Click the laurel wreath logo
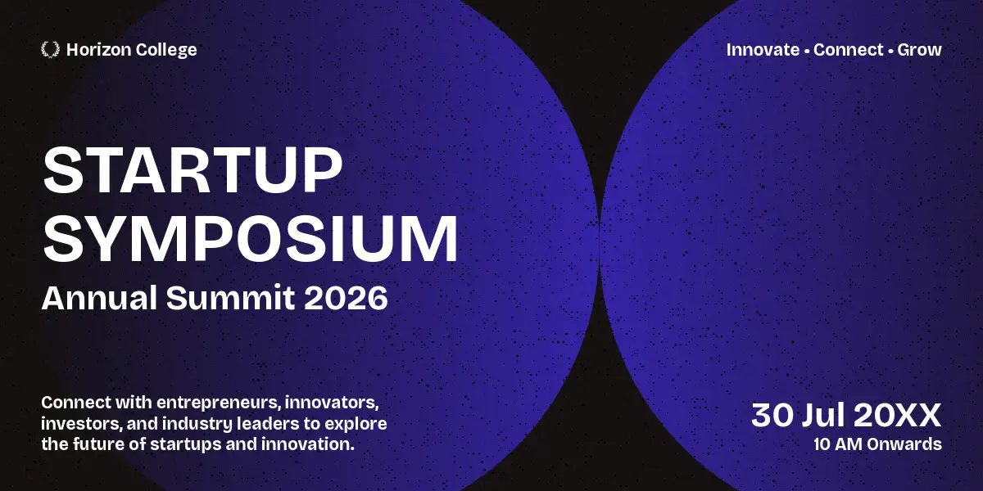(50, 50)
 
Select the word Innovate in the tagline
(763, 50)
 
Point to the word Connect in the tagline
(848, 50)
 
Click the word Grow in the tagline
(919, 50)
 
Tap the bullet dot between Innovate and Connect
(807, 52)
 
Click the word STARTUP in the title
(193, 169)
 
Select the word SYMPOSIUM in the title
(251, 238)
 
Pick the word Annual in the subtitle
(99, 298)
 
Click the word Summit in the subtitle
(231, 298)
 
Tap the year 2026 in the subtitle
(346, 298)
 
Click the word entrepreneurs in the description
(220, 403)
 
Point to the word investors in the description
(82, 424)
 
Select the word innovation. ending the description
(308, 444)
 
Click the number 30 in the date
(772, 415)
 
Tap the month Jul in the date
(823, 415)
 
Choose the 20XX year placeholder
(898, 415)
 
